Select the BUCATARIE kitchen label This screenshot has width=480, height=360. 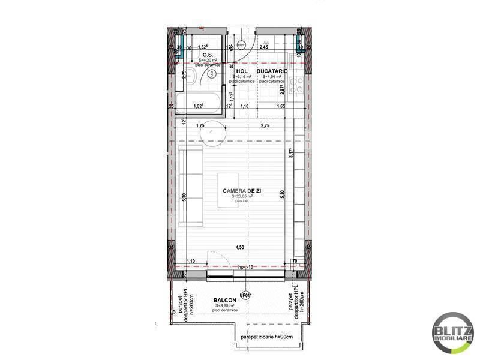tap(271, 71)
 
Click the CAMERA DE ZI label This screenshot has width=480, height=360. tap(238, 190)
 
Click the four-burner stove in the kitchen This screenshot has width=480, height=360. tap(295, 85)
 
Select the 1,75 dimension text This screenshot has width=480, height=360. tap(200, 125)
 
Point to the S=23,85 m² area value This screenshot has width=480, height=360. tap(238, 196)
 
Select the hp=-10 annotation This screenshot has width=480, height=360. tap(245, 266)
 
